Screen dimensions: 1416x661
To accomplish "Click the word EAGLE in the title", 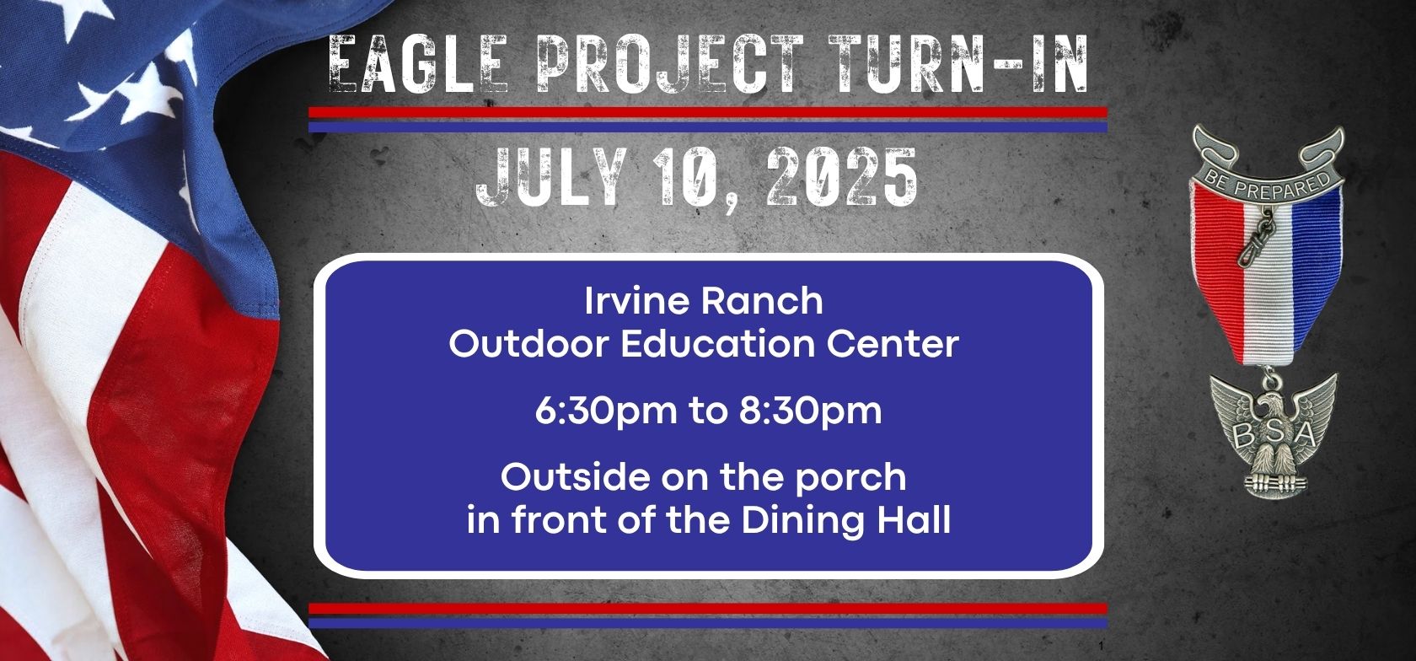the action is pos(418,63).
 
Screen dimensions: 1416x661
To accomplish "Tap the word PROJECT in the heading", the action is pos(670,63).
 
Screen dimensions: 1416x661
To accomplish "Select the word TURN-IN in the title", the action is pos(958,63).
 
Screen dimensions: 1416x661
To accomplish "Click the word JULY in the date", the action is pos(551,176).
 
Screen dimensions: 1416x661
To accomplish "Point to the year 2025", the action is pos(842,176).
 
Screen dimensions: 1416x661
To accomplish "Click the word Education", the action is pos(716,344).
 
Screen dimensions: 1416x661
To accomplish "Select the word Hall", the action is pos(914,520).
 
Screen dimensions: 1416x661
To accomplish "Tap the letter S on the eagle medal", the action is pos(1273,433).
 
